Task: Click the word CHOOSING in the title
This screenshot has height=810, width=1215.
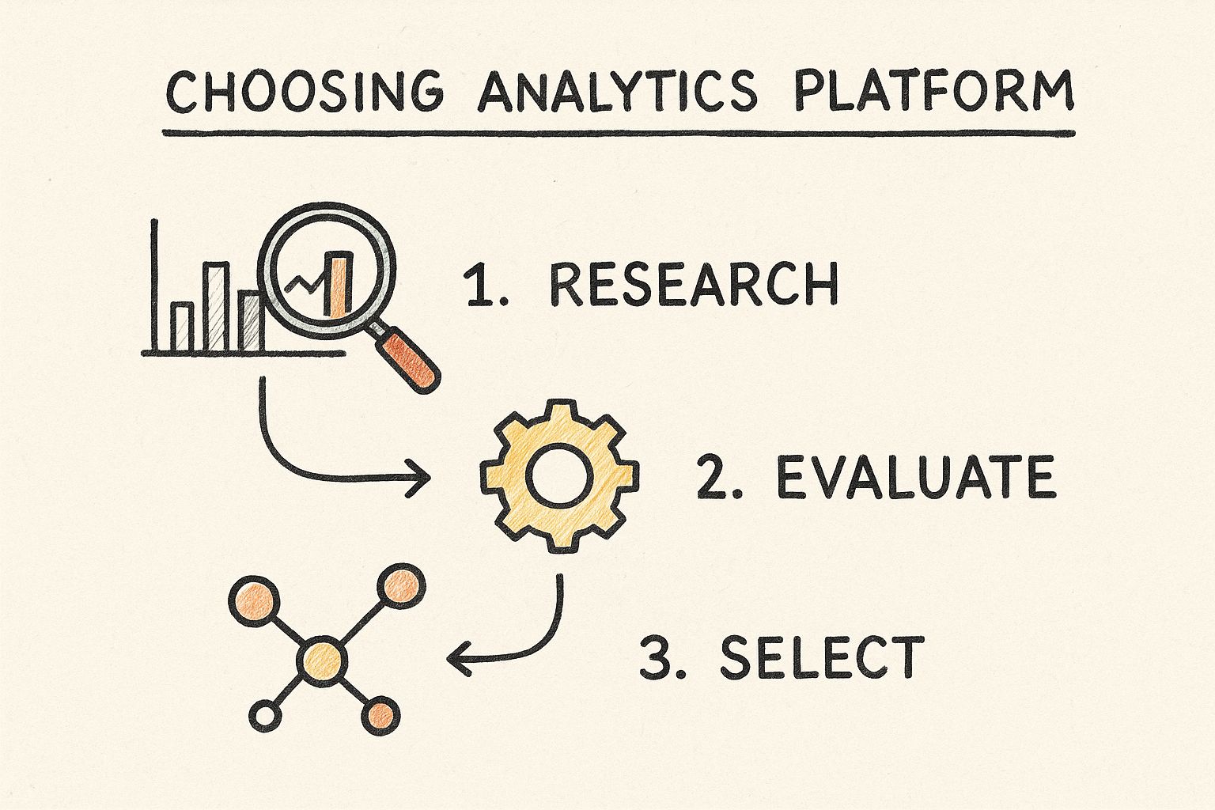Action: (305, 90)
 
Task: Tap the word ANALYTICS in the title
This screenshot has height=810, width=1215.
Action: (617, 90)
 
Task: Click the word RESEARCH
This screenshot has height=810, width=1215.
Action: (695, 284)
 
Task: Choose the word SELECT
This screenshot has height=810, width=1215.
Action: (823, 657)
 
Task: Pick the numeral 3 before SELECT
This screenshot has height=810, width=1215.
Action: (657, 657)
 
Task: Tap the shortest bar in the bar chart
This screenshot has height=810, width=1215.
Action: (182, 327)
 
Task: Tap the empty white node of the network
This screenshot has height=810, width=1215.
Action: (265, 715)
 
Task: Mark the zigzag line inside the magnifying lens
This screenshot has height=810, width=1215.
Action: (306, 282)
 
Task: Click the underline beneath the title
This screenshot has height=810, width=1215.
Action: (619, 133)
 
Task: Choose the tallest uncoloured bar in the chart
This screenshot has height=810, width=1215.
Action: (216, 307)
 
